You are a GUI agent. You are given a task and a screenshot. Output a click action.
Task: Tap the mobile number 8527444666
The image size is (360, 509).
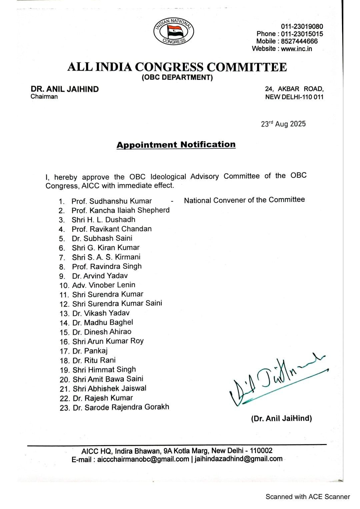click(299, 41)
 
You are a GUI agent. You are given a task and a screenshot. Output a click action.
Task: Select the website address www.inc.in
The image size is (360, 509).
click(297, 49)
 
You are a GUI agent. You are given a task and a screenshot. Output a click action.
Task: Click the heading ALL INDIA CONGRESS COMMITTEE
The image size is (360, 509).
click(177, 67)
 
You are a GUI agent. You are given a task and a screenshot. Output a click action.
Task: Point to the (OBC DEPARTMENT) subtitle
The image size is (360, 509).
click(177, 78)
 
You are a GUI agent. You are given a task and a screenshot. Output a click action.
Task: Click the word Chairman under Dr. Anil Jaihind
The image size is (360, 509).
click(44, 97)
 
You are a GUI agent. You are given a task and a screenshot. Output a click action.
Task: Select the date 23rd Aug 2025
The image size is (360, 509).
click(283, 124)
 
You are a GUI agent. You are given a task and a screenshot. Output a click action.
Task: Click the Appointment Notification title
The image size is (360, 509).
click(176, 145)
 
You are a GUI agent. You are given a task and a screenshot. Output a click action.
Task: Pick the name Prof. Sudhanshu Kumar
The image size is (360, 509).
click(111, 201)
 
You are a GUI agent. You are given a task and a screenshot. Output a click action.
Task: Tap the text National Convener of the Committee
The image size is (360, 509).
click(244, 200)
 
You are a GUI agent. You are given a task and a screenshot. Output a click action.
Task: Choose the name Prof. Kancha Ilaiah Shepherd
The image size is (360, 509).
click(120, 210)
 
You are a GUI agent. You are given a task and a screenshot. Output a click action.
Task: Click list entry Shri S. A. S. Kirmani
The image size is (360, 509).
click(106, 257)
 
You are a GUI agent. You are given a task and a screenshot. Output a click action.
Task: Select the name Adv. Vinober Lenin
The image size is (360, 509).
click(104, 285)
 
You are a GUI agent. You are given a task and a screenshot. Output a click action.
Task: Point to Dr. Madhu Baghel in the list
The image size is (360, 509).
click(108, 322)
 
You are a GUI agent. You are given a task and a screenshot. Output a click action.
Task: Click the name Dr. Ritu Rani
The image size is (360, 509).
click(100, 360)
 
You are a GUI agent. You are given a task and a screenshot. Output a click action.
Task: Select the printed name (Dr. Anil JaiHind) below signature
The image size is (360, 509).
click(281, 419)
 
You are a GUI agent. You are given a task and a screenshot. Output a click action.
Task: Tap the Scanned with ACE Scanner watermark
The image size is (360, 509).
click(307, 497)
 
